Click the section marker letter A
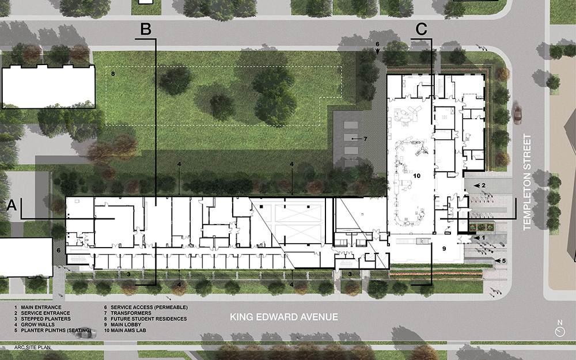point(12,206)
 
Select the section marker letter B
point(146,29)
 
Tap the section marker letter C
point(421,29)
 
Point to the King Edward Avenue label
point(283,317)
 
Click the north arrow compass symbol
point(559,331)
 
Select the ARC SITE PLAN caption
point(32,348)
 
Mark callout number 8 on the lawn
point(113,74)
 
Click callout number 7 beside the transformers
point(365,139)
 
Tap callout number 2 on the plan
point(483,185)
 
